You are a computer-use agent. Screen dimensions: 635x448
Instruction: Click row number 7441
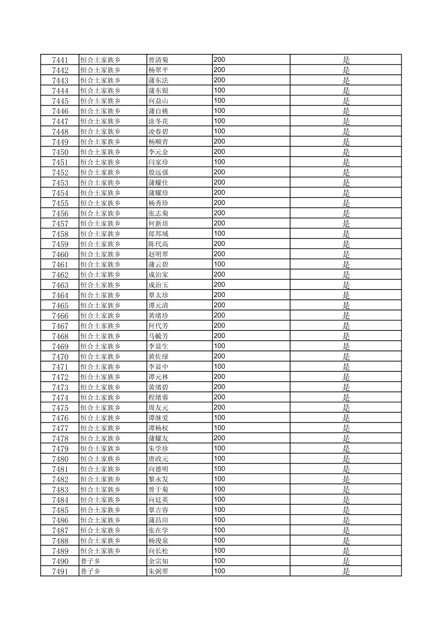click(60, 60)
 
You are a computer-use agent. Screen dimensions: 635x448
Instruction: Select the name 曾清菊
click(159, 60)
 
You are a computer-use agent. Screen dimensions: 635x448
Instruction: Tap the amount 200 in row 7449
click(219, 142)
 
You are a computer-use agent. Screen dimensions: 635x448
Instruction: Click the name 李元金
click(159, 152)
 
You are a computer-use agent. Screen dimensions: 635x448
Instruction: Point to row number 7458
click(60, 234)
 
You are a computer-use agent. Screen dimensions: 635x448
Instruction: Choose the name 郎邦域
click(159, 234)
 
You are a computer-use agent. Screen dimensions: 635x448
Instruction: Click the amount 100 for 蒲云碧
click(219, 264)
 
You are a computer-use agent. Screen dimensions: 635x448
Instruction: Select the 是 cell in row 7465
click(346, 305)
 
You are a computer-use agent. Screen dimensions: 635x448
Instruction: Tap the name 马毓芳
click(159, 336)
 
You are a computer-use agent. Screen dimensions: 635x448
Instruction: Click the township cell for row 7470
click(101, 357)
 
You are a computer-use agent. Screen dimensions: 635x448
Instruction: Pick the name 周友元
click(159, 408)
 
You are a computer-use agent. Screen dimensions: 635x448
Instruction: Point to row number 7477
click(60, 428)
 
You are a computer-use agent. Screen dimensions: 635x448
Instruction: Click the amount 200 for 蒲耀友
click(219, 438)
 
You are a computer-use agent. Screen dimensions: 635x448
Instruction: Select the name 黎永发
click(159, 479)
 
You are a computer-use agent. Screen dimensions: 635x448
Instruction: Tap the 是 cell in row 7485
click(346, 510)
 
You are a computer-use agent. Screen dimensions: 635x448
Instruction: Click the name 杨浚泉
click(159, 541)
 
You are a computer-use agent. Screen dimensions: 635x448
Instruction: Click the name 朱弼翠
click(159, 571)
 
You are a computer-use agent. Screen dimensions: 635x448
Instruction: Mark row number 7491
click(60, 571)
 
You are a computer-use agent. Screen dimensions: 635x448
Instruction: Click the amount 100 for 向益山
click(219, 101)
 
